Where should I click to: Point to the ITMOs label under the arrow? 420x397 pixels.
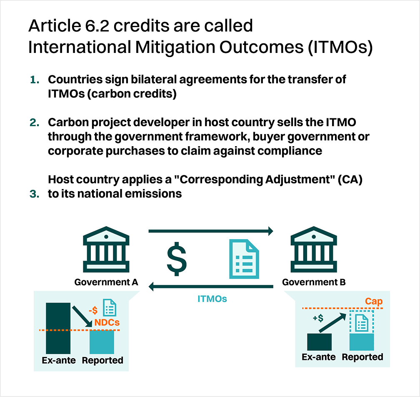[x=212, y=299]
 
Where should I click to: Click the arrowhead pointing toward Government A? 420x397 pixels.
[x=152, y=286]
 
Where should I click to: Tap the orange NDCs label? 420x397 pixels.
[x=107, y=323]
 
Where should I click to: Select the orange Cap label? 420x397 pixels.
[x=374, y=301]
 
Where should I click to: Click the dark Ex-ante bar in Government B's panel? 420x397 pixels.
[x=319, y=342]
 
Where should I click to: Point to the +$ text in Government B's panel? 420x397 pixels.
[x=318, y=319]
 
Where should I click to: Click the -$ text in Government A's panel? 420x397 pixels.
[x=93, y=310]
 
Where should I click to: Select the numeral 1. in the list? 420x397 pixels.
[x=34, y=80]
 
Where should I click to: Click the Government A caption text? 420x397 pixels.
[x=106, y=282]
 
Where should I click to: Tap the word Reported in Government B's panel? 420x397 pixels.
[x=362, y=357]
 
